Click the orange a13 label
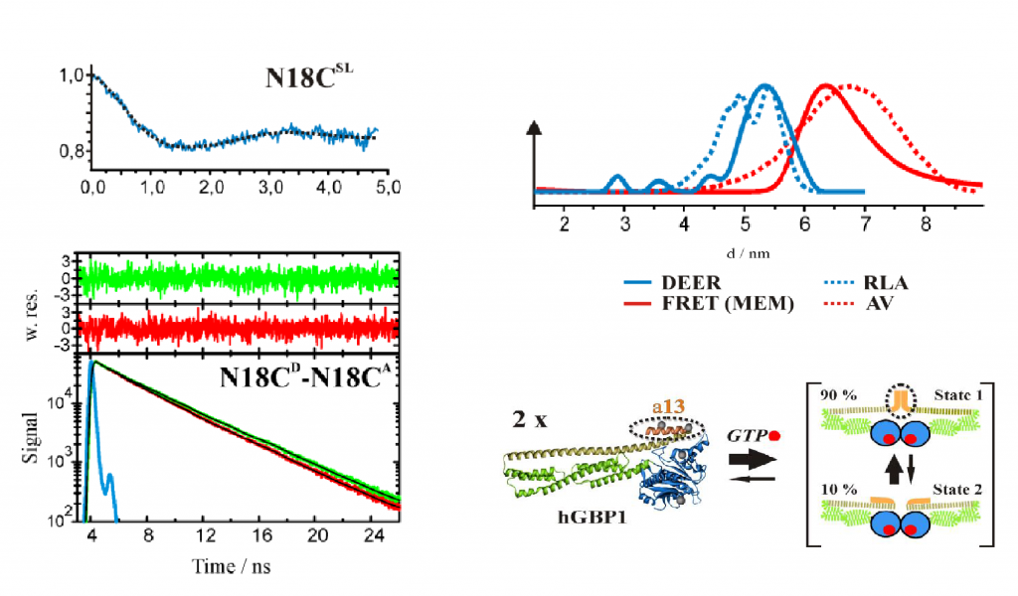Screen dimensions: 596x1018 pos(673,407)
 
